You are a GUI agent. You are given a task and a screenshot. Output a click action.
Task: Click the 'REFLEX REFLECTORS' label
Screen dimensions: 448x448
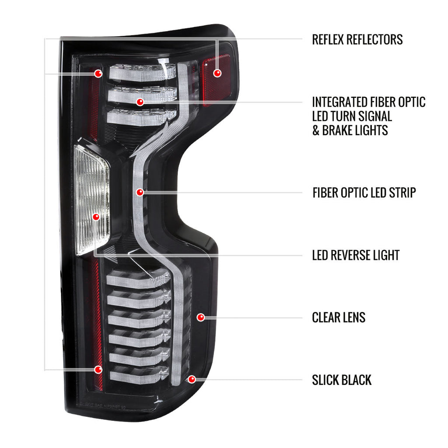pyautogui.click(x=357, y=39)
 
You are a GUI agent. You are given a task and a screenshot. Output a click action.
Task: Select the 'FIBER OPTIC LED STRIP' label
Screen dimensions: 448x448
pyautogui.click(x=364, y=192)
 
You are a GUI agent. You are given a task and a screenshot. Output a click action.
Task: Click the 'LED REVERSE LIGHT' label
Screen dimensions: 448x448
pyautogui.click(x=356, y=255)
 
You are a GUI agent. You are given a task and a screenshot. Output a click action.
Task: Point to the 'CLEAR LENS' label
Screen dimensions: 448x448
pyautogui.click(x=339, y=318)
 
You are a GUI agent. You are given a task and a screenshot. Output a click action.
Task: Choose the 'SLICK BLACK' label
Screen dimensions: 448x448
pyautogui.click(x=342, y=380)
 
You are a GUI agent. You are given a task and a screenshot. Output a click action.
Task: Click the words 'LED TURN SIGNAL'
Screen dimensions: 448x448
pyautogui.click(x=352, y=116)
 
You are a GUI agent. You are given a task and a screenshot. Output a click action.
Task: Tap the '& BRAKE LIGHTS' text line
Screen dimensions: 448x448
pyautogui.click(x=350, y=130)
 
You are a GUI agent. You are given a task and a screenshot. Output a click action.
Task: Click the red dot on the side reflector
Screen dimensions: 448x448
pyautogui.click(x=217, y=73)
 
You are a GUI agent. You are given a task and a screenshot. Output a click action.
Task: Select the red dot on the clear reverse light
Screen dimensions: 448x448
pyautogui.click(x=96, y=217)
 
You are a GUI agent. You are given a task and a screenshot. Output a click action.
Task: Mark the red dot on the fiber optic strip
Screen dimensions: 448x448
pyautogui.click(x=140, y=192)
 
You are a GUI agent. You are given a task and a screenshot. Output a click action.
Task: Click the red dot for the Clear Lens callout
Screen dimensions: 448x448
pyautogui.click(x=201, y=317)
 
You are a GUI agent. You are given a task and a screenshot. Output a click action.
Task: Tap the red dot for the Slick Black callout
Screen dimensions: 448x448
pyautogui.click(x=192, y=379)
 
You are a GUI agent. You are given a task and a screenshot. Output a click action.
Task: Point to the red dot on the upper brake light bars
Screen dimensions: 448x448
pyautogui.click(x=140, y=101)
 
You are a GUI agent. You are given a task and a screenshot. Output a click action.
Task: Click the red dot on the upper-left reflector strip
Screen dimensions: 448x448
pyautogui.click(x=98, y=73)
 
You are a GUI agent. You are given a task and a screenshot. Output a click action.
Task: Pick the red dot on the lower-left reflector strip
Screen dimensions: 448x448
pyautogui.click(x=98, y=369)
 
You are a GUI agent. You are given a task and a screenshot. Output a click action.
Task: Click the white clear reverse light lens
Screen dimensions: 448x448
pyautogui.click(x=91, y=200)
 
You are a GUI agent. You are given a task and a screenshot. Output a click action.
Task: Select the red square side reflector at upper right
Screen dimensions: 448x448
pyautogui.click(x=217, y=80)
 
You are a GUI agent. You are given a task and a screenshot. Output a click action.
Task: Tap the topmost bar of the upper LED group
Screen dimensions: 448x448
pyautogui.click(x=142, y=73)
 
